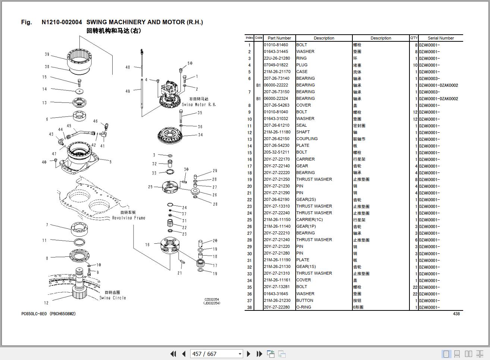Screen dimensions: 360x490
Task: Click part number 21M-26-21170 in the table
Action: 277,72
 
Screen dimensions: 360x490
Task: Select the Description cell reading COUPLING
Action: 307,139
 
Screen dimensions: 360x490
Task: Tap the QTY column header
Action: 414,38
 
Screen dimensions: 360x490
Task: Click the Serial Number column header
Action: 440,38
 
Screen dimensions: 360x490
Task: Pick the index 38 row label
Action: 249,307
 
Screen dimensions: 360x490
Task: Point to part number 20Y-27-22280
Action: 277,307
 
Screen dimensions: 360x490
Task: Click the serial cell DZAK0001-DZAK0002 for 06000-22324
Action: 439,99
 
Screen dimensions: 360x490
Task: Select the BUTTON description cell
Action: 305,301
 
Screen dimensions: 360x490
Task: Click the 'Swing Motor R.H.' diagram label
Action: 199,105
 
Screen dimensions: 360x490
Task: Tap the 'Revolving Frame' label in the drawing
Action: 129,218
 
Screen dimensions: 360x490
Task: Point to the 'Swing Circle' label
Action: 113,298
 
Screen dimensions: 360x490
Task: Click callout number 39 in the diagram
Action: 47,54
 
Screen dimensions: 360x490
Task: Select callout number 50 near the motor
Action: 190,64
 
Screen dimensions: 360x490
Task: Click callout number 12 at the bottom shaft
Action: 46,303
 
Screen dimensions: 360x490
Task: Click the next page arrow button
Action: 249,354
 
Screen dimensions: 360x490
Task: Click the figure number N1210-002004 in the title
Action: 62,22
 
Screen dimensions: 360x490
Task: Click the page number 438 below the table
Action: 456,314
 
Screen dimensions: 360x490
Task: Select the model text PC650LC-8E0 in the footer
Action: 34,314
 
